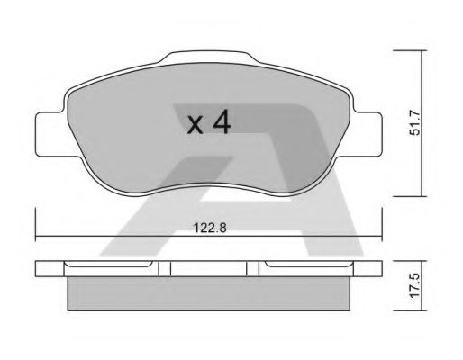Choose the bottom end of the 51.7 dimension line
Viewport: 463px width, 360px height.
click(424, 194)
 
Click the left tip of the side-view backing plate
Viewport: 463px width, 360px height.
click(38, 267)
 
